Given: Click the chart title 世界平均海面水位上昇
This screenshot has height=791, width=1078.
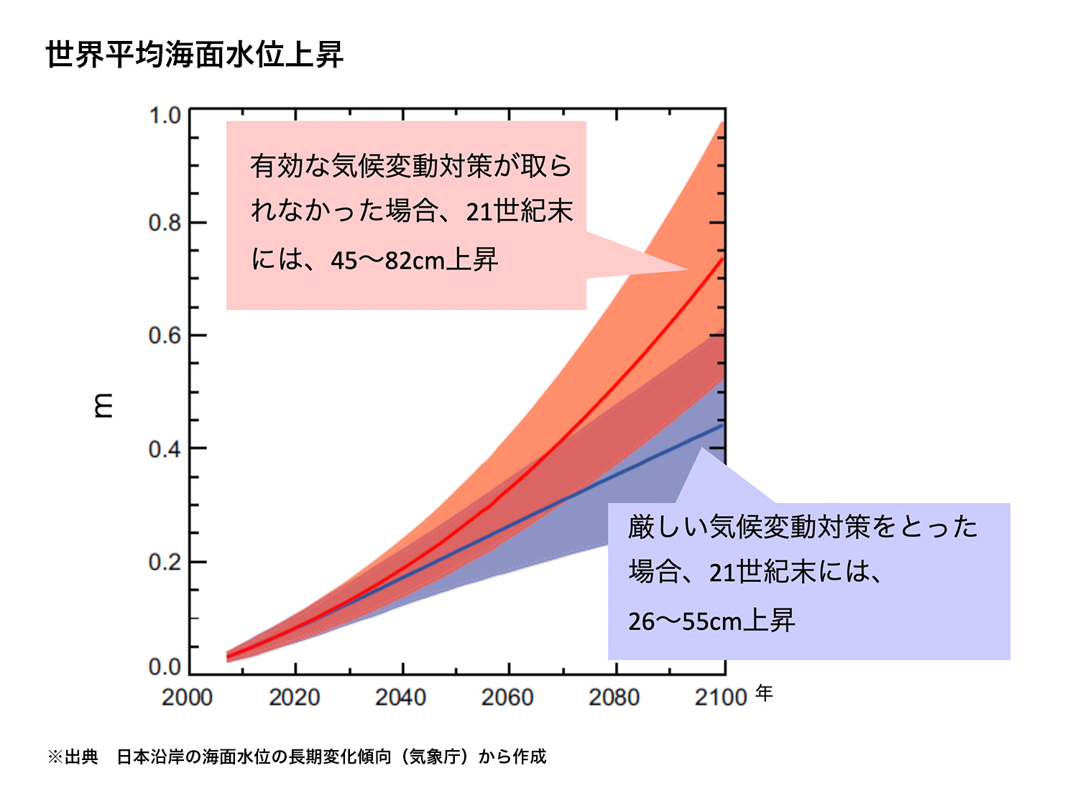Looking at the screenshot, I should pyautogui.click(x=195, y=55).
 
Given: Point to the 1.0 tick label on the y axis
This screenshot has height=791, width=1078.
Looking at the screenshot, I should pyautogui.click(x=165, y=115).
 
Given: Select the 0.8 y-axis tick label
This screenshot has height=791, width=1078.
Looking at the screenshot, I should pyautogui.click(x=165, y=223).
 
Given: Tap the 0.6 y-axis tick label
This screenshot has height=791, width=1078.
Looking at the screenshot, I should pyautogui.click(x=165, y=336).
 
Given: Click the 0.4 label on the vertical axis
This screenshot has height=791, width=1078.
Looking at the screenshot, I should pyautogui.click(x=165, y=449).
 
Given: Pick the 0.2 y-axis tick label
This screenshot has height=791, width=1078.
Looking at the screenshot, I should pyautogui.click(x=165, y=562).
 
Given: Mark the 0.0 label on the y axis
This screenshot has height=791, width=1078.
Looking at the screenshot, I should pyautogui.click(x=165, y=667).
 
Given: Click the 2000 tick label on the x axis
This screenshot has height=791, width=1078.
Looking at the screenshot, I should pyautogui.click(x=187, y=697).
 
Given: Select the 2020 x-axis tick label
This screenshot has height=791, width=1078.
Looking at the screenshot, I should pyautogui.click(x=294, y=697).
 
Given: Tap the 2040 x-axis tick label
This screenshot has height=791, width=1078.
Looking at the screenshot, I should pyautogui.click(x=400, y=697).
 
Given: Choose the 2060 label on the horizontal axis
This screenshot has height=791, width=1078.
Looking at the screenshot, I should pyautogui.click(x=507, y=697).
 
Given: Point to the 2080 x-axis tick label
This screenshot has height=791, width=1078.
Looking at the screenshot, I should pyautogui.click(x=614, y=697).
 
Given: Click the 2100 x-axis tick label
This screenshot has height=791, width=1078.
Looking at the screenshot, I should pyautogui.click(x=720, y=697).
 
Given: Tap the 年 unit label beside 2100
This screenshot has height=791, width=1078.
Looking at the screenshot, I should pyautogui.click(x=764, y=693).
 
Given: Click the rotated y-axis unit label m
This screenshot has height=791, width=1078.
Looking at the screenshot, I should pyautogui.click(x=103, y=405).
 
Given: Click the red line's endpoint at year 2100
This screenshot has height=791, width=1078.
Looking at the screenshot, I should pyautogui.click(x=722, y=259).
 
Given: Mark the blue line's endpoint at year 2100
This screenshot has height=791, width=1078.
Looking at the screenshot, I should pyautogui.click(x=722, y=425).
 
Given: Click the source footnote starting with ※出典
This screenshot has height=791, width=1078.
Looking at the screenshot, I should pyautogui.click(x=297, y=757).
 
